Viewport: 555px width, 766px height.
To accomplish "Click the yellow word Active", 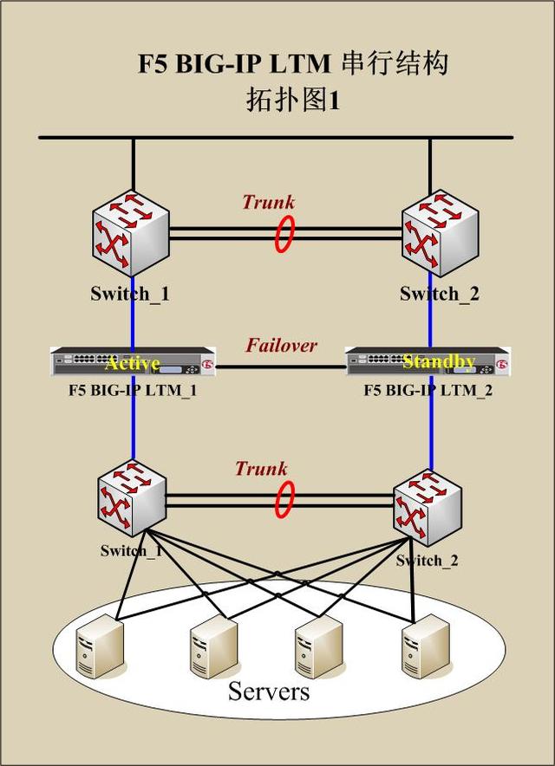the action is tap(133, 363).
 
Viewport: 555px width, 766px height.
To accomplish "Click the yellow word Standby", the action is tap(439, 361).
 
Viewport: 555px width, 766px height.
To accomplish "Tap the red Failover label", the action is tap(281, 346).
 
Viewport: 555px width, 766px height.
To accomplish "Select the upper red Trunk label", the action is tap(269, 202).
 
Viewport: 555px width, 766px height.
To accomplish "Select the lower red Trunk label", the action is tap(261, 469).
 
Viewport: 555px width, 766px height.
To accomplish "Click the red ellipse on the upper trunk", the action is tap(284, 234).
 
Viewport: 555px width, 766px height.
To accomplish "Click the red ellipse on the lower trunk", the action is tap(284, 499).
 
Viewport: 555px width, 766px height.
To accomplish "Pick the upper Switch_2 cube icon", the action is tap(440, 233).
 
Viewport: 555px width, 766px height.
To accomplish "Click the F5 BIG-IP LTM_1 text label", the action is tap(133, 391).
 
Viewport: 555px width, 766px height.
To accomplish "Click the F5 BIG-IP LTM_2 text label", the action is tap(428, 391).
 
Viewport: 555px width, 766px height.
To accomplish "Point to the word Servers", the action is tap(269, 691).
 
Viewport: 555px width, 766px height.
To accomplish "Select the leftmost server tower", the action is tap(101, 646).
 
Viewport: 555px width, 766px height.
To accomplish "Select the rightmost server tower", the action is tap(426, 646).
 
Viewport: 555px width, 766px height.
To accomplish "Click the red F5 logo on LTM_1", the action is tap(208, 365).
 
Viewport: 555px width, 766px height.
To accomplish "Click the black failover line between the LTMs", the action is tap(280, 367).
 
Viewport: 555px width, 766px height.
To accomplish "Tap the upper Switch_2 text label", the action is tap(440, 294).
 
